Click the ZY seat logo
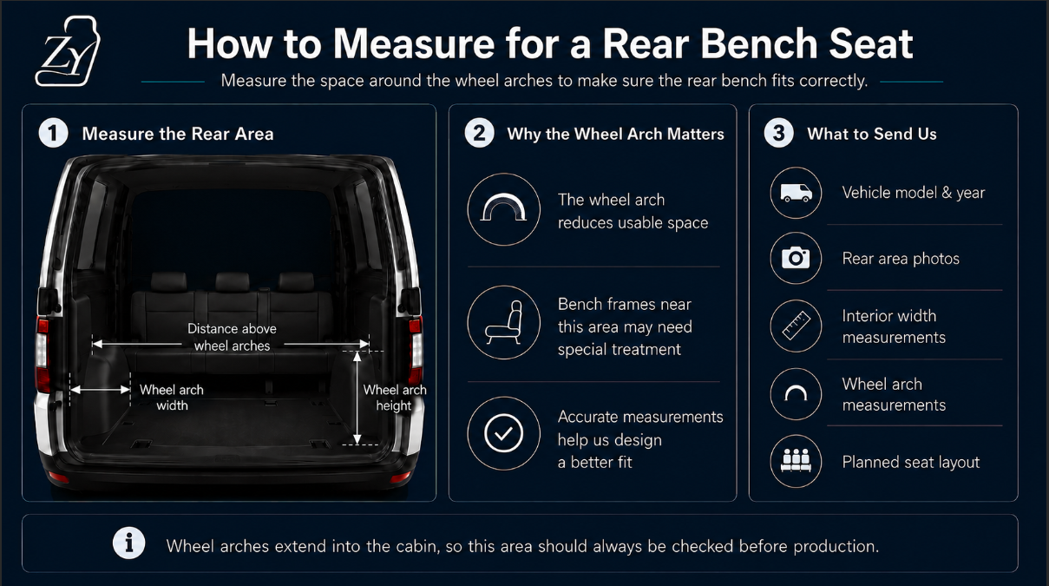68,51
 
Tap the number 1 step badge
54,133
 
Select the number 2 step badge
479,133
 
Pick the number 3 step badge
779,133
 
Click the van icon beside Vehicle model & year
797,193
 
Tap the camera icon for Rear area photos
796,258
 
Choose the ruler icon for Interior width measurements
797,326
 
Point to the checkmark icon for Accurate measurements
504,433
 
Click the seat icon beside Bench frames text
504,322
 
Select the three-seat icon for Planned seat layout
796,460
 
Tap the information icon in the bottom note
128,543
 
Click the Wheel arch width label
172,398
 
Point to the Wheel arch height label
394,398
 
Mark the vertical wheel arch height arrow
357,398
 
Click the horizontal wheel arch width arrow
101,390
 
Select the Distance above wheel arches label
232,337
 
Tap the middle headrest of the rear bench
233,281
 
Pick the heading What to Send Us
871,134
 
